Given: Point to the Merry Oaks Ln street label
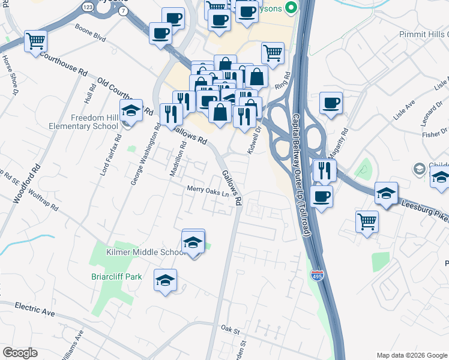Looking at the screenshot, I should coord(208,190).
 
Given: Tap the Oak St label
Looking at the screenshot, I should coord(230,329).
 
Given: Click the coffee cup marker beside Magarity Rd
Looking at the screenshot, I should coord(331,102).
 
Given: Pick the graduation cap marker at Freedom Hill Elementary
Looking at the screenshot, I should coord(131,110).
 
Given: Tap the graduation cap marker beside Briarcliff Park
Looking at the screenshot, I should coord(166,280).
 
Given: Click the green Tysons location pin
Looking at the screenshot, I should coord(291,7).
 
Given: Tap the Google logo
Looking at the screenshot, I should coord(20,353).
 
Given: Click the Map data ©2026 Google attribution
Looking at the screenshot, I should coord(411,355).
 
